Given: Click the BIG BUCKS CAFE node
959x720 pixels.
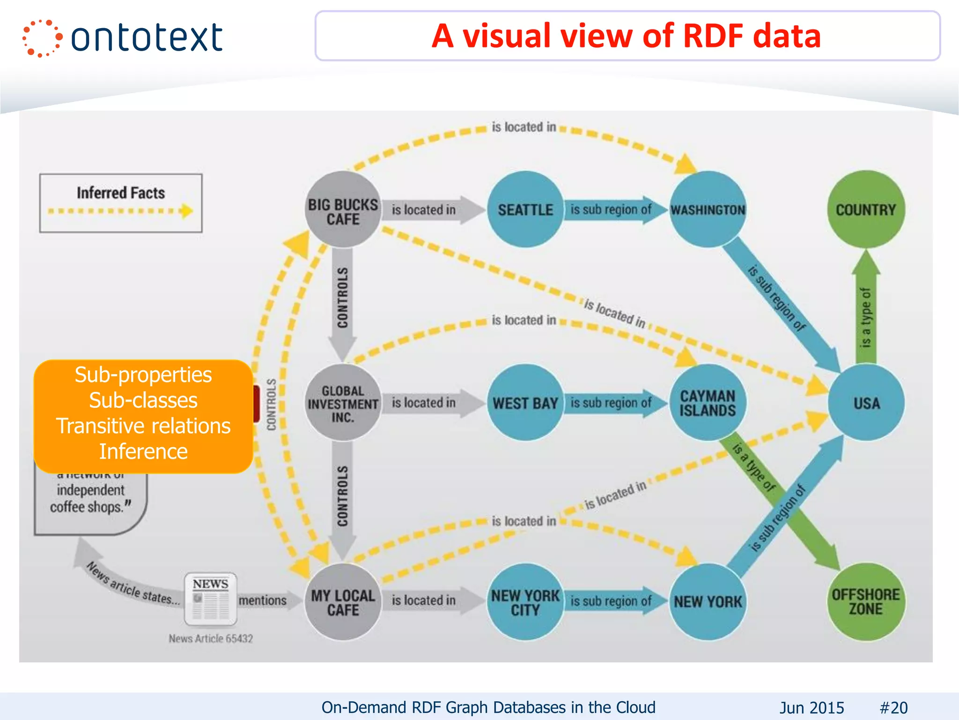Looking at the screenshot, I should click(x=343, y=210).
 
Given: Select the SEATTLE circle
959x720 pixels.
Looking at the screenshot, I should click(x=525, y=210).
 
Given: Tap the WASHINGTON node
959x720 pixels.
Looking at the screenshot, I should click(x=708, y=210).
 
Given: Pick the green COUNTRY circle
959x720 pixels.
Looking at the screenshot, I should click(x=866, y=210).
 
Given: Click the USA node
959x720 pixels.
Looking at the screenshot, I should click(x=866, y=403).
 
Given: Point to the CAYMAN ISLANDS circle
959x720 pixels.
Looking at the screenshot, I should click(x=708, y=403).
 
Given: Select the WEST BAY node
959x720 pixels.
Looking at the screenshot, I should click(x=525, y=403).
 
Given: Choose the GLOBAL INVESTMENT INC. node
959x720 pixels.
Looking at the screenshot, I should click(x=343, y=403).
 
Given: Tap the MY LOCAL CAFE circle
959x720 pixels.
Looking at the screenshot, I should click(x=343, y=602).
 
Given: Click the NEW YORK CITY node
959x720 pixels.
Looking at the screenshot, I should click(x=525, y=602).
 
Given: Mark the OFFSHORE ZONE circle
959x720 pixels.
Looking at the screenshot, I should click(x=866, y=602).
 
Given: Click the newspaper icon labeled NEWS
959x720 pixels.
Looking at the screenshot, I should click(x=210, y=600).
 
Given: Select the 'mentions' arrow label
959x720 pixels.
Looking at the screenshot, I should click(x=263, y=600).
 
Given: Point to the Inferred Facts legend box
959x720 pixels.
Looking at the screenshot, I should click(x=121, y=203).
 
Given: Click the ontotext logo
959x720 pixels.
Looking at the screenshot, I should click(x=123, y=38).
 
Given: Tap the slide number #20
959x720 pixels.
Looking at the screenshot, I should click(x=893, y=707).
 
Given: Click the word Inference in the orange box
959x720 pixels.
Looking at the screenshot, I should click(x=143, y=451).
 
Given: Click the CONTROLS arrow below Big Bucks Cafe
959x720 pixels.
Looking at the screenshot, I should click(x=343, y=300).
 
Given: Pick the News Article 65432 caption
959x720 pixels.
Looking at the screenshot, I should click(x=211, y=638).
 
